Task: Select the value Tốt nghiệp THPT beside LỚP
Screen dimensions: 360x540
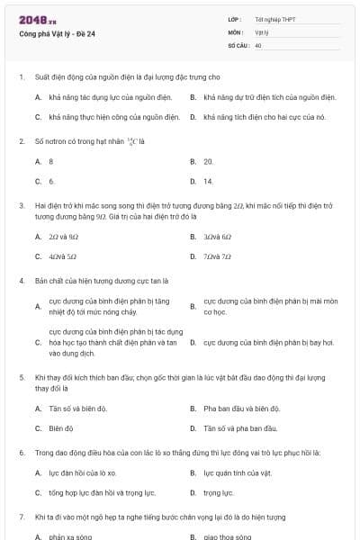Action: [274, 19]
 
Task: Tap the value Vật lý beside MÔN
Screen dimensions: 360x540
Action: [262, 31]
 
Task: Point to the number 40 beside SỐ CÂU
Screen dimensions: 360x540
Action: [258, 44]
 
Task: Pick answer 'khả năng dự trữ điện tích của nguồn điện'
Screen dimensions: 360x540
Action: [270, 97]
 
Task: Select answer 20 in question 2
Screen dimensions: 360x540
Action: [208, 161]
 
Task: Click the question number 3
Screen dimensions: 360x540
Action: [21, 205]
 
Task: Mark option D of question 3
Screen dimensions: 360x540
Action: [218, 256]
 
